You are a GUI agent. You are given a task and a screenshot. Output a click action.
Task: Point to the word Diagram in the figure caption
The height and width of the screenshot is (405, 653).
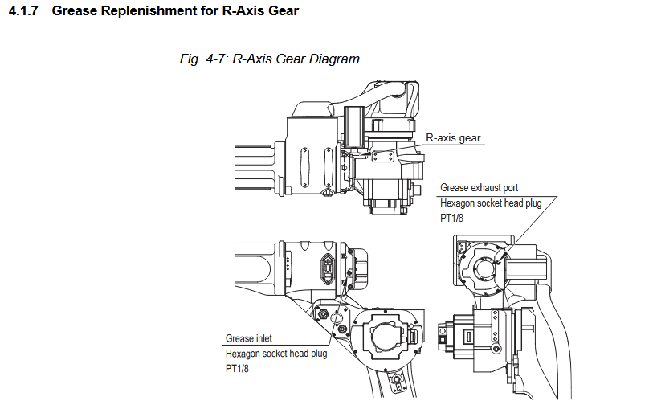tap(332, 59)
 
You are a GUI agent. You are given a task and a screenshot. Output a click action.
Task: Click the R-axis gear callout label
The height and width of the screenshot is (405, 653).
tap(453, 137)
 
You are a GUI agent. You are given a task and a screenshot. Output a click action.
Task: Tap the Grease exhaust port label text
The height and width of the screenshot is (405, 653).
tap(479, 188)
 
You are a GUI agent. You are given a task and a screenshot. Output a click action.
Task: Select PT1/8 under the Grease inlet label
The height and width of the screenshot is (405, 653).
tap(238, 369)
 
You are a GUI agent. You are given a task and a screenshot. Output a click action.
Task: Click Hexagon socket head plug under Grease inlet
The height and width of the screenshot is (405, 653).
tap(275, 354)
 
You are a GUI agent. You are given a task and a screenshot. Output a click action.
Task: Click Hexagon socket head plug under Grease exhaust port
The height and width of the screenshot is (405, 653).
tap(491, 203)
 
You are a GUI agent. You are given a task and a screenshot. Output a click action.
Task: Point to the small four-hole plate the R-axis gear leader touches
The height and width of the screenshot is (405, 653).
tap(385, 153)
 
